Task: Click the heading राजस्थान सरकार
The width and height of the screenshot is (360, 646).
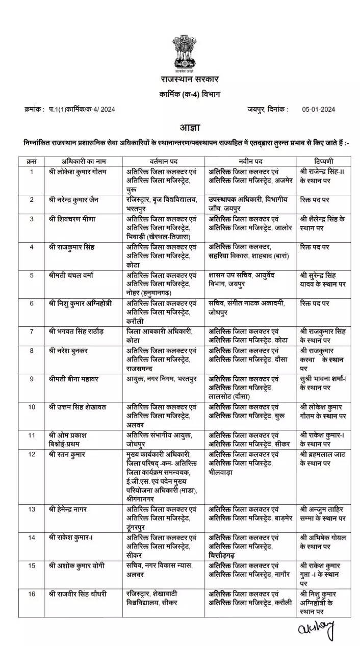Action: coord(182,80)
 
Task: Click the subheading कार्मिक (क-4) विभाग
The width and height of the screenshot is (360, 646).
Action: coord(182,94)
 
